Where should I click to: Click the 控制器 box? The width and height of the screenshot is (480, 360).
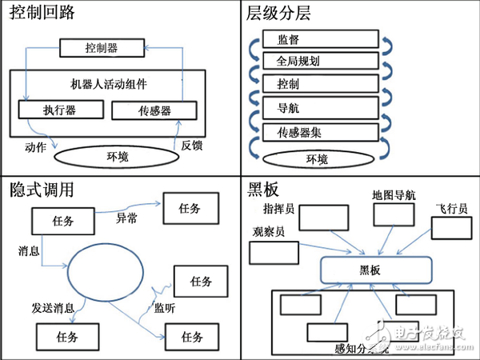click(102, 48)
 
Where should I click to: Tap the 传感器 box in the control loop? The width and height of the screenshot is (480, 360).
click(152, 110)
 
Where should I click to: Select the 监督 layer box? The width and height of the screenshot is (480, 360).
click(318, 39)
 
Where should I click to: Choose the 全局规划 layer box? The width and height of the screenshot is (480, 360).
click(318, 61)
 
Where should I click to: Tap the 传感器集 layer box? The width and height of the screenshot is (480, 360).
click(318, 130)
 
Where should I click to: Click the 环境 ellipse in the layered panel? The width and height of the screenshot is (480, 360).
click(317, 158)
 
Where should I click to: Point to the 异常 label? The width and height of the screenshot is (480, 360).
click(126, 217)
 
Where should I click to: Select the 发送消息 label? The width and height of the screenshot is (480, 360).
click(52, 307)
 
